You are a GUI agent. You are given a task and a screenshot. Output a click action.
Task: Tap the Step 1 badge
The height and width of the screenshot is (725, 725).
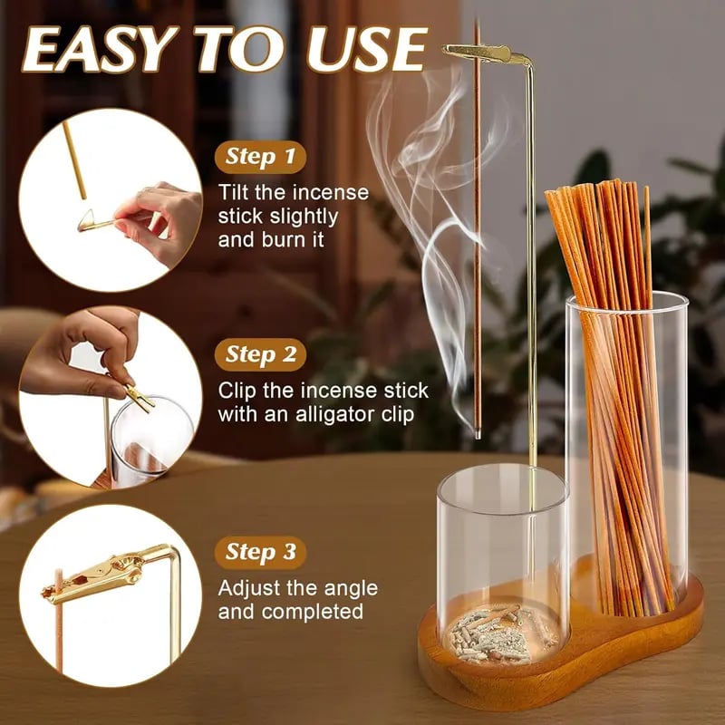point(260,157)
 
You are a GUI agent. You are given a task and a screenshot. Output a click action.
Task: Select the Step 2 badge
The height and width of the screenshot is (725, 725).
point(260,354)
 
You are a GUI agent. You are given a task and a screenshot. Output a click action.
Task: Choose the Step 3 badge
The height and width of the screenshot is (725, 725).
point(260,552)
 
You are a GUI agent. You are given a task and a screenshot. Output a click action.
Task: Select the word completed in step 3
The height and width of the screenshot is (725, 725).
point(308,612)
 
